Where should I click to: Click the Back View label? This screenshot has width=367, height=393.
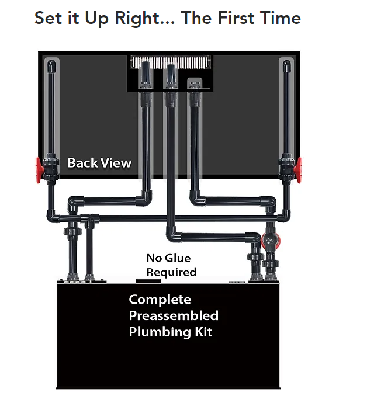coord(99,163)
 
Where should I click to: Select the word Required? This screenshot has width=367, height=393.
coord(171,273)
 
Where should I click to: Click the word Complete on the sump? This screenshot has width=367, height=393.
coord(160,300)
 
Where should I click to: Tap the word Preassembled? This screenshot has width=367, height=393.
coord(174,316)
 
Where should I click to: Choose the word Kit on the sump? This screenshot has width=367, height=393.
coord(204,332)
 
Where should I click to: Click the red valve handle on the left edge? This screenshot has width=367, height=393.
coord(38,170)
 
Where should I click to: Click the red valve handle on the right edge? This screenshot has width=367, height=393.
coord(299,170)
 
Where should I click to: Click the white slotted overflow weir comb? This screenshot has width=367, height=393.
coord(170,62)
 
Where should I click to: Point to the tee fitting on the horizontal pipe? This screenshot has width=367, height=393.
coord(89,220)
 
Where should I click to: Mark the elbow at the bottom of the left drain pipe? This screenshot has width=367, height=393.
coord(144,199)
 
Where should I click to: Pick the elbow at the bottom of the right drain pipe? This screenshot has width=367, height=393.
coord(197,199)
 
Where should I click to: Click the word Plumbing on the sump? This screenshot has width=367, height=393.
coord(160,332)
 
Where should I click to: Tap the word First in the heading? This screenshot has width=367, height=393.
coord(236,18)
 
